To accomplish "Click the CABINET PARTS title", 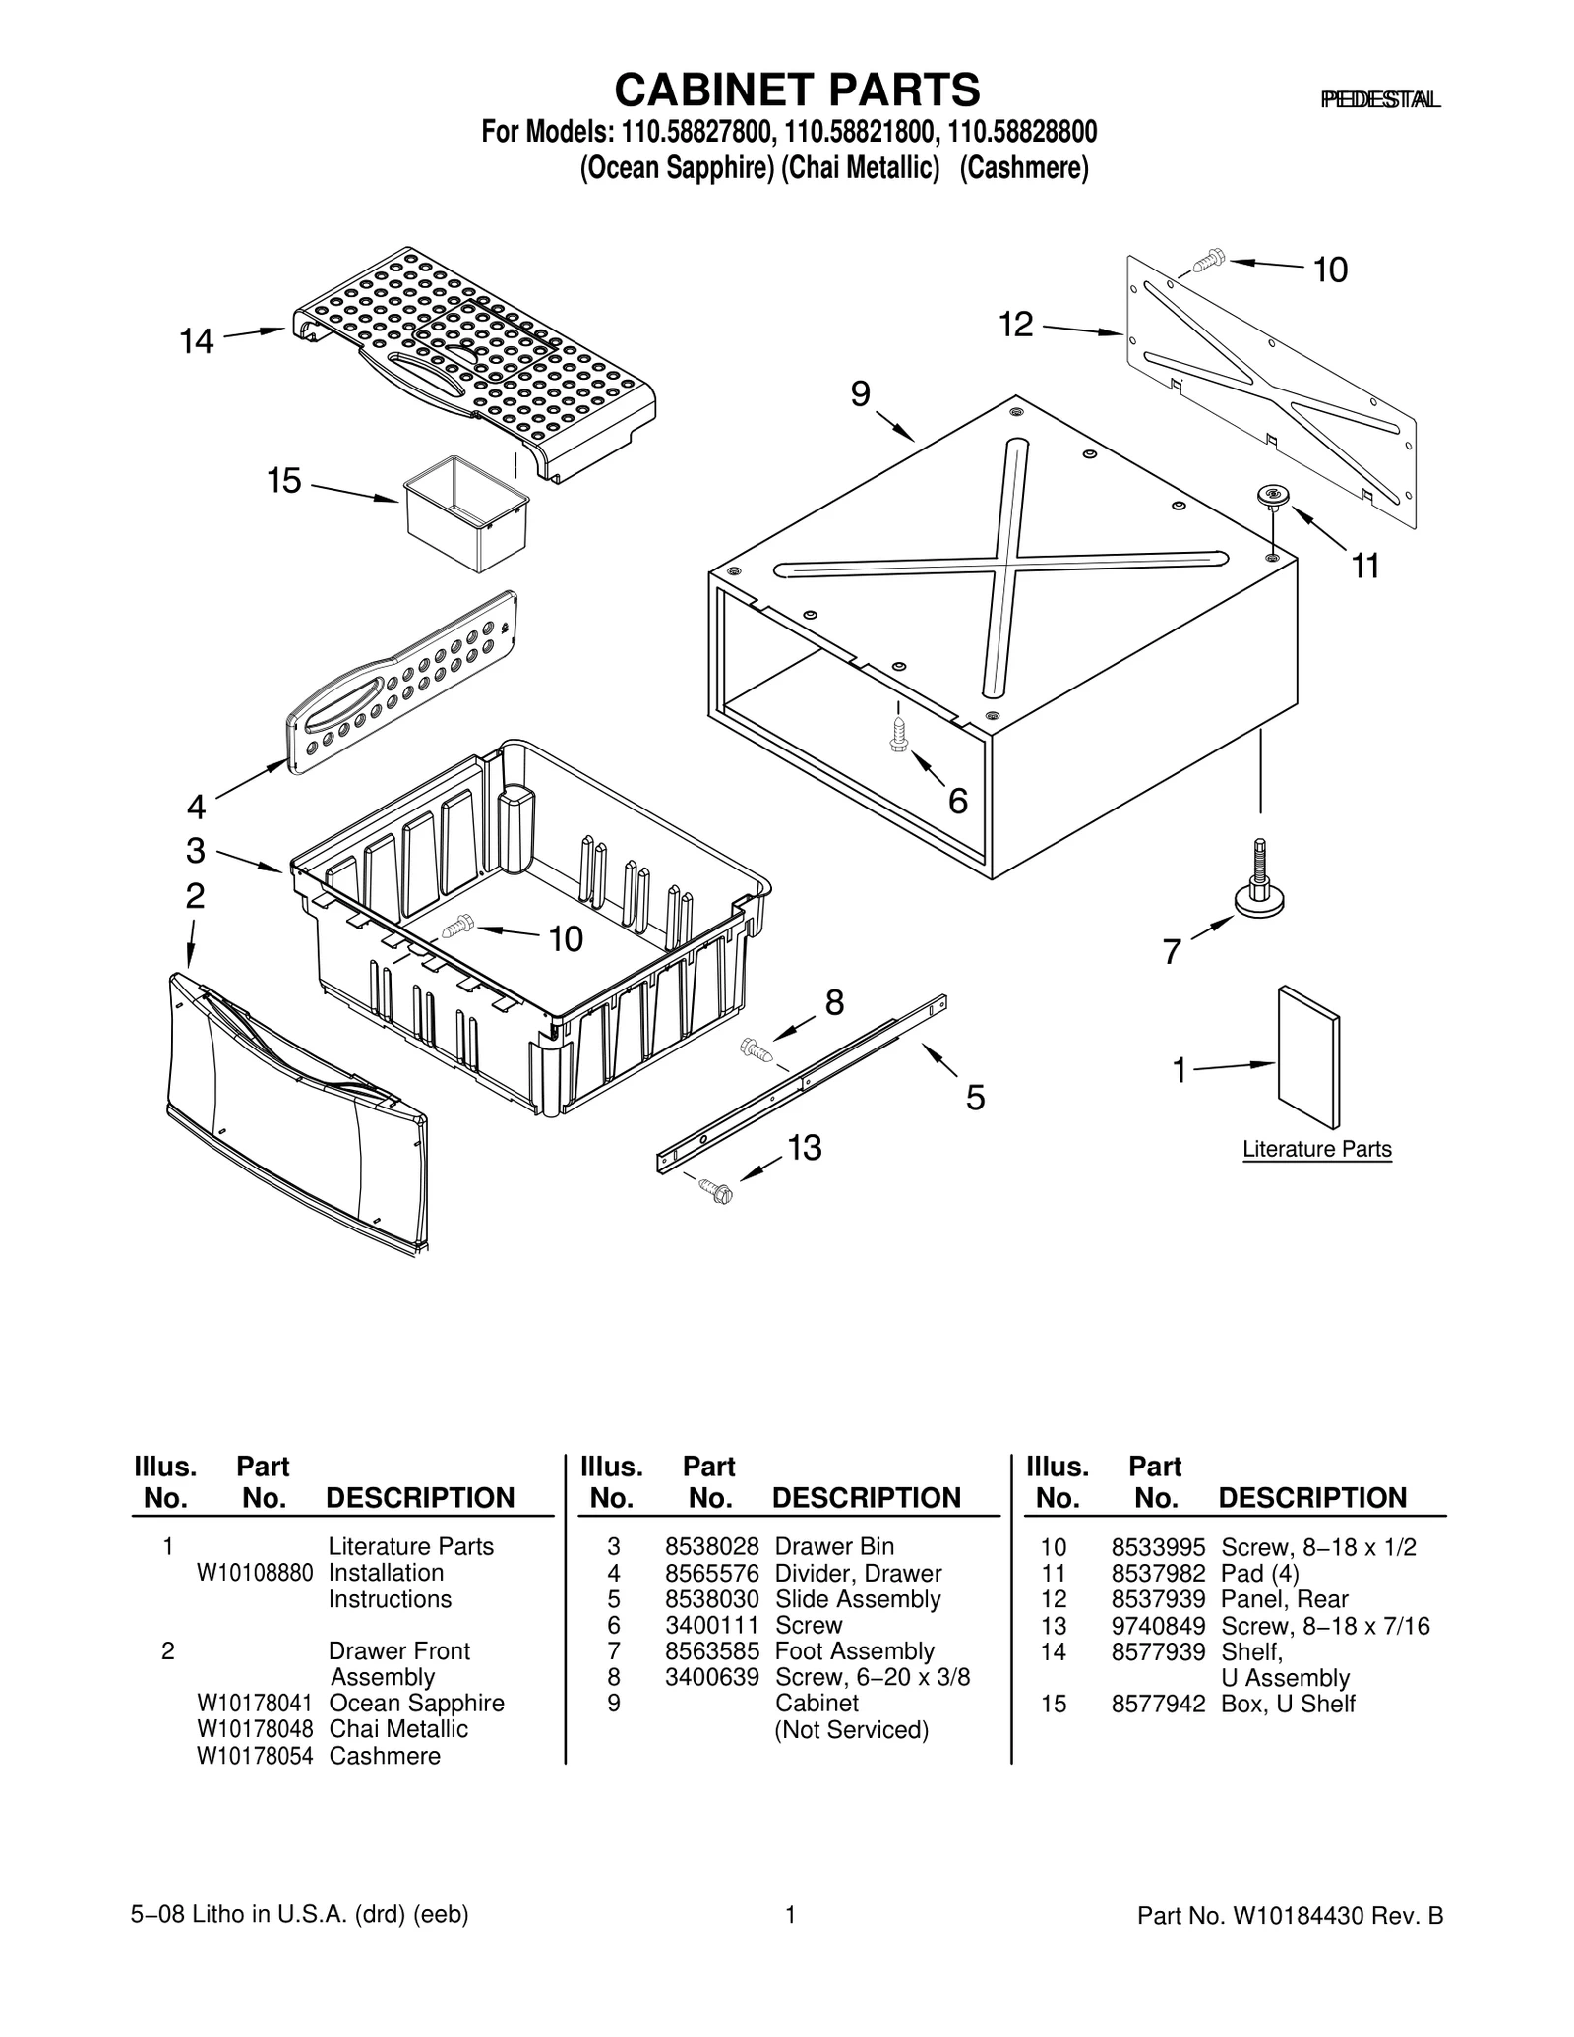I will click(797, 90).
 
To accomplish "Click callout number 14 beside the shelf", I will click(196, 341).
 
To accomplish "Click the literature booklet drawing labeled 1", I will click(1308, 1057).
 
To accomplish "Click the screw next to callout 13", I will click(716, 1190).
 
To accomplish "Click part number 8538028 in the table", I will click(711, 1546).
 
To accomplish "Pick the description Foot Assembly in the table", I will click(854, 1650).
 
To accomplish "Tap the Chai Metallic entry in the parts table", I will click(398, 1728).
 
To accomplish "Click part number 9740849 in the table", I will click(1158, 1625).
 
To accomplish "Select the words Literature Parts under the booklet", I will click(1316, 1148).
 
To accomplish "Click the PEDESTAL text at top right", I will click(1379, 99).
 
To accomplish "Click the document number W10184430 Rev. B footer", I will click(1290, 1915).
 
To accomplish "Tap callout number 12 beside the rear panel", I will click(1016, 324).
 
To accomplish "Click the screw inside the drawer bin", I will click(458, 926).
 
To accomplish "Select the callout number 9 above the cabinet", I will click(860, 394).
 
